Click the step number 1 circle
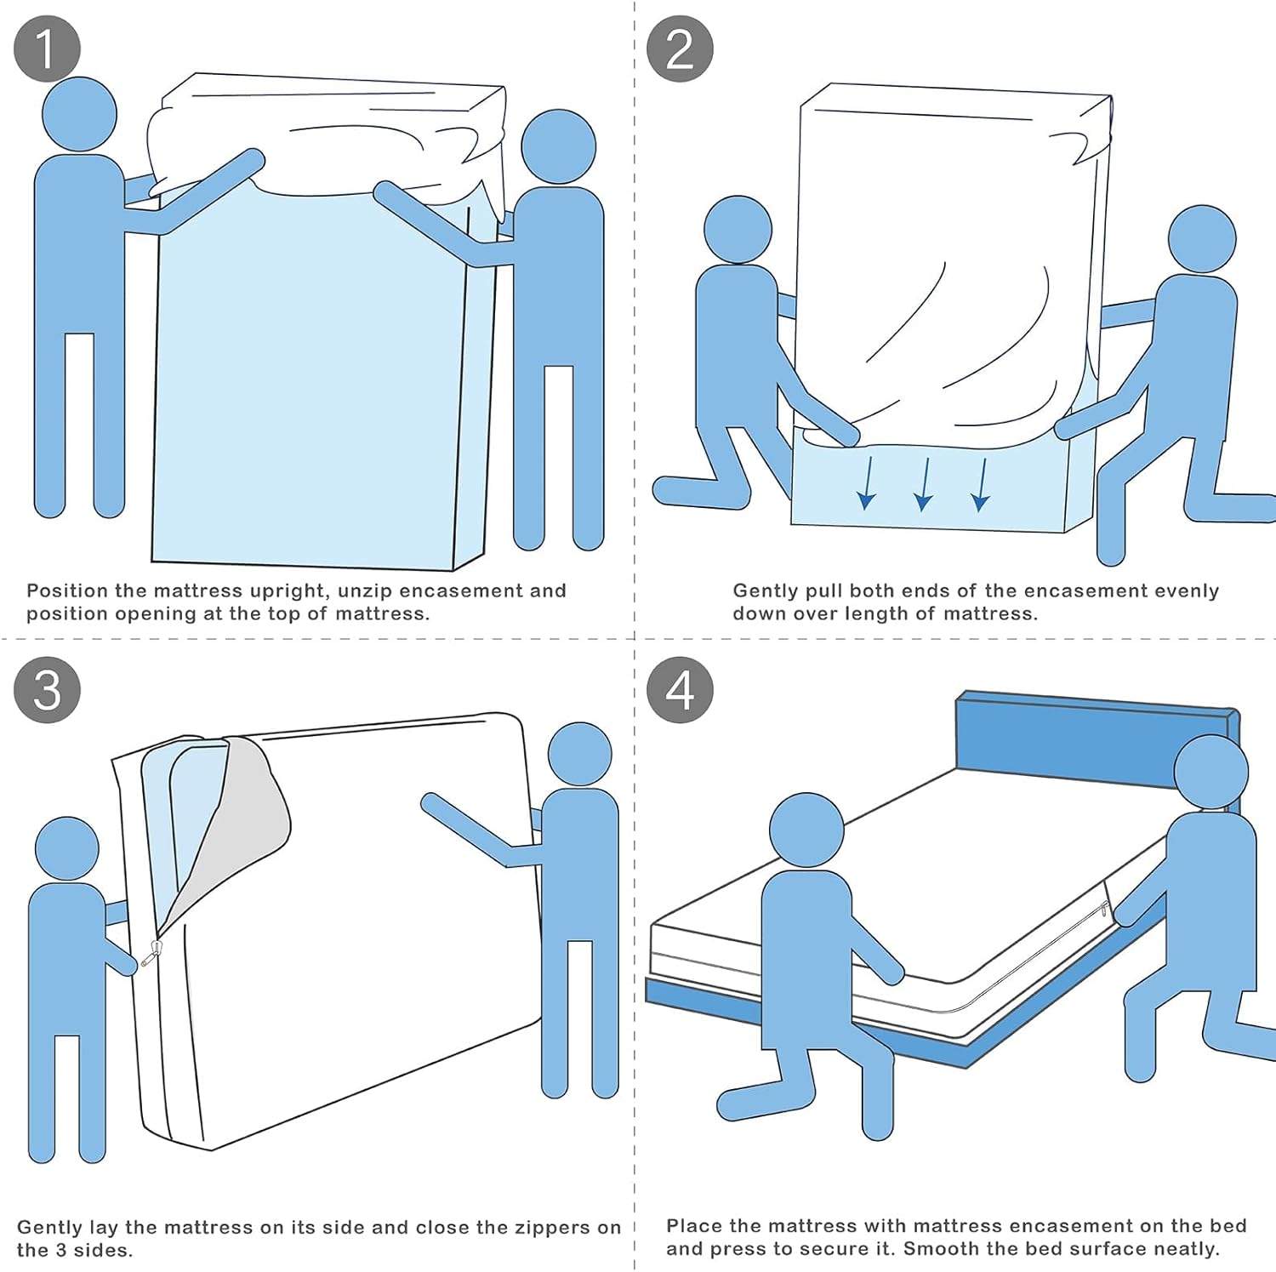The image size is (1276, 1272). tap(47, 48)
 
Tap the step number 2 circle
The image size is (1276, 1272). tap(679, 48)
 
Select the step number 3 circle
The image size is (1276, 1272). tap(47, 690)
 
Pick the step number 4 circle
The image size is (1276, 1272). tap(679, 690)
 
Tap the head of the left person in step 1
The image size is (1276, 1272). tap(79, 115)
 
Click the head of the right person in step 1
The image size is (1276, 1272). tap(558, 146)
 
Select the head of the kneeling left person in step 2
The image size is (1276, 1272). tap(738, 230)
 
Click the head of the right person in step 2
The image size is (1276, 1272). tap(1202, 239)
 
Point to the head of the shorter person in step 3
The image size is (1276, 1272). tap(67, 848)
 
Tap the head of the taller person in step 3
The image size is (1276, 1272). tap(579, 755)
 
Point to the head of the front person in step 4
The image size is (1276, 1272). tap(806, 830)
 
